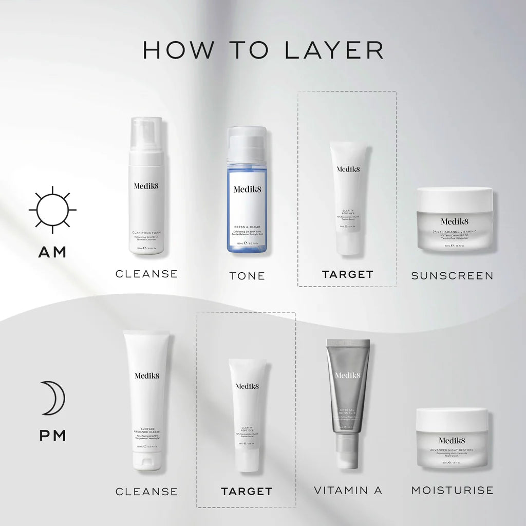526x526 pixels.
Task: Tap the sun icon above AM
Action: point(52,210)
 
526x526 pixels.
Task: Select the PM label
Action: point(52,436)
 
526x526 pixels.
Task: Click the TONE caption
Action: point(247,276)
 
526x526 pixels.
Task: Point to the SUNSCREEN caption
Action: point(452,276)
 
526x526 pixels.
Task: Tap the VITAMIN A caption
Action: point(348,490)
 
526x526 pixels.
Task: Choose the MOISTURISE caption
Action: point(452,490)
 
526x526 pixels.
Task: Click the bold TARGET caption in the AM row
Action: point(348,274)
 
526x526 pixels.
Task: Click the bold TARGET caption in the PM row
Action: point(247,492)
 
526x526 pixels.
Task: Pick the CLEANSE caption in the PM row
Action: point(146,492)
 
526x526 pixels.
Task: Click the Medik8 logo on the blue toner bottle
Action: point(247,189)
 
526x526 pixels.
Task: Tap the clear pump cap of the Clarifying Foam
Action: point(146,135)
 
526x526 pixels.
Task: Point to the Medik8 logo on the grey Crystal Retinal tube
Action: point(348,375)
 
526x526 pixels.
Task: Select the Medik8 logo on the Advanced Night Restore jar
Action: point(453,440)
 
